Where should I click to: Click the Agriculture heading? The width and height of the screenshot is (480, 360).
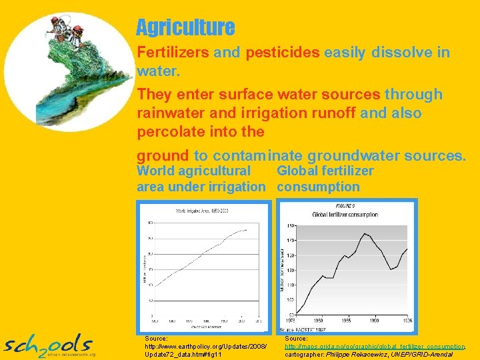click(x=185, y=28)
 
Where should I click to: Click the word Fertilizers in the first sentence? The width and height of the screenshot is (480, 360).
click(x=173, y=53)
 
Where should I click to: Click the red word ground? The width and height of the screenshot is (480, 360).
click(x=163, y=156)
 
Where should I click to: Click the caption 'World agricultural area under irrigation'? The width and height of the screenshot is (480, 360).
click(x=201, y=179)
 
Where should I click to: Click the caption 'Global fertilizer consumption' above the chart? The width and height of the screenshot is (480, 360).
click(x=325, y=179)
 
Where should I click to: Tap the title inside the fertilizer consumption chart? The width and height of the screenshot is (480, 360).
click(x=345, y=215)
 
